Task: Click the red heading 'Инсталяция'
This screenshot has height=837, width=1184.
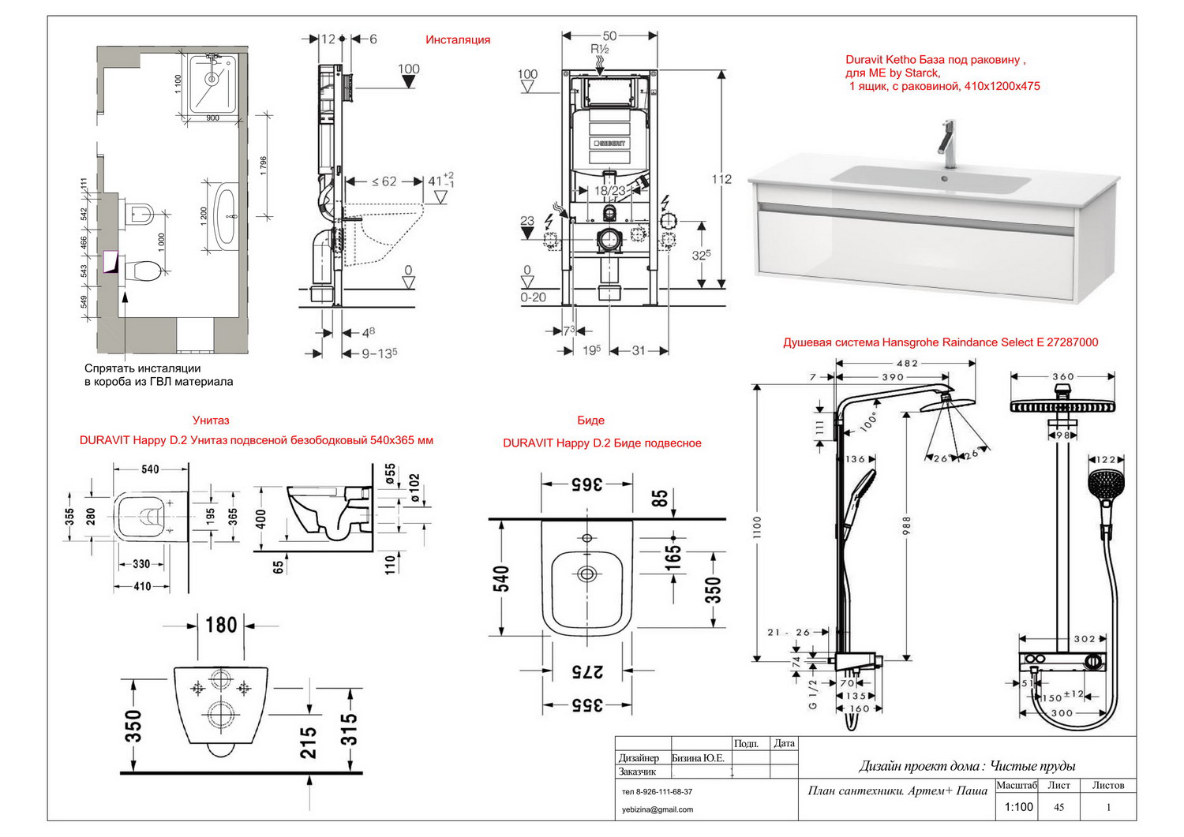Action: [x=458, y=39]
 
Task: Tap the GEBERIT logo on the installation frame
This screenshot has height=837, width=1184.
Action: [x=609, y=144]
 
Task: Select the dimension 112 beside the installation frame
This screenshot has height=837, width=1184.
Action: [x=721, y=179]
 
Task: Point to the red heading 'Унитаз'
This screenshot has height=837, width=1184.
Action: [x=211, y=420]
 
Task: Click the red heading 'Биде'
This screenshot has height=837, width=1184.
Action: [x=590, y=420]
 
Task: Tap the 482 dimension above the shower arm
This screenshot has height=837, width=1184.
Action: [x=908, y=364]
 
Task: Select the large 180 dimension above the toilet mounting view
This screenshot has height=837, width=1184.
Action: [x=221, y=625]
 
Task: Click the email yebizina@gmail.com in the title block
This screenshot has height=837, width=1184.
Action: [x=658, y=809]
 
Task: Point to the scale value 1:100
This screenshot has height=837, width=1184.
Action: [x=1018, y=807]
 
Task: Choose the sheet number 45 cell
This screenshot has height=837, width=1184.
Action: [x=1059, y=807]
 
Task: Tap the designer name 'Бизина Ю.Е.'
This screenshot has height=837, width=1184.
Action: [x=698, y=758]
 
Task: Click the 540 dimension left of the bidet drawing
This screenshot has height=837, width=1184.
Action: [x=503, y=577]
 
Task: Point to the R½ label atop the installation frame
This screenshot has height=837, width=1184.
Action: [x=601, y=49]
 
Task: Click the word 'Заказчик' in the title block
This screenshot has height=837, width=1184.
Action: [x=638, y=772]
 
